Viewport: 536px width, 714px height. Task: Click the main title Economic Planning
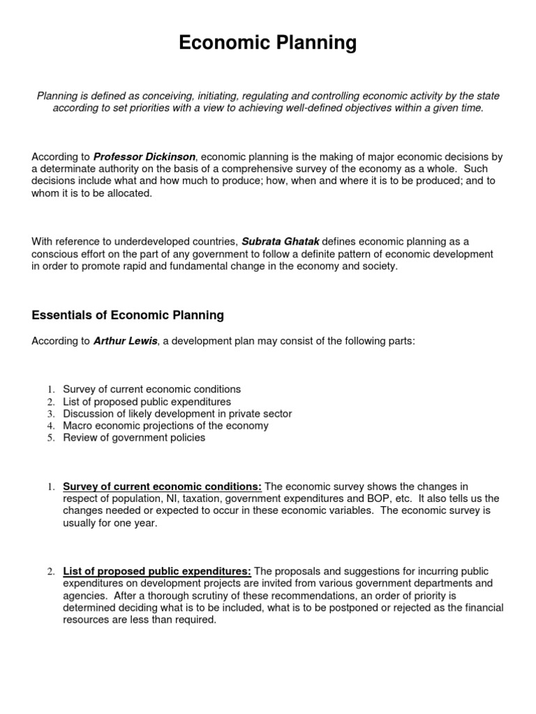(x=268, y=43)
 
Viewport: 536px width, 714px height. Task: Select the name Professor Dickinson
(x=144, y=157)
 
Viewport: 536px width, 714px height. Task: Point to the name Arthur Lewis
(x=126, y=341)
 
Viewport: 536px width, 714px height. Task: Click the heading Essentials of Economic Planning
(x=128, y=315)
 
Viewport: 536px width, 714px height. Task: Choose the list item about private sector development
(x=177, y=413)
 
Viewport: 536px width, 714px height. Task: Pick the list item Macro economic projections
(x=165, y=425)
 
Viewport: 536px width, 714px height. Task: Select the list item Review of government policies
(x=134, y=438)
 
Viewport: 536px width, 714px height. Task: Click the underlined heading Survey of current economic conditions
(x=162, y=486)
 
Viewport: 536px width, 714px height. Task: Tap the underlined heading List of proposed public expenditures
(x=157, y=572)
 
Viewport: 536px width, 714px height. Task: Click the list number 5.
(x=51, y=438)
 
